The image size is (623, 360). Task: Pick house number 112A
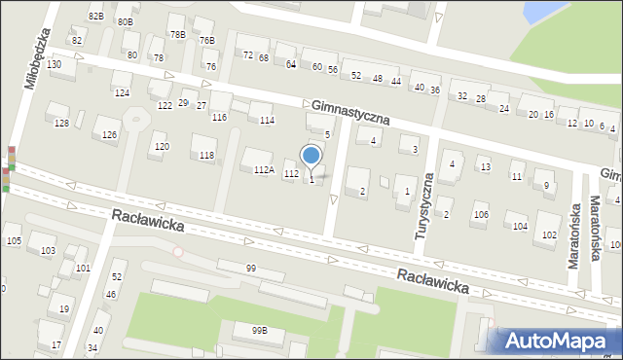tap(264, 169)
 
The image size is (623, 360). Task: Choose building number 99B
tap(259, 331)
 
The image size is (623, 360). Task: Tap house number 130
tap(55, 64)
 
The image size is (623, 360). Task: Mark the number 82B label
tap(95, 17)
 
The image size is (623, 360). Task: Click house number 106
tap(480, 214)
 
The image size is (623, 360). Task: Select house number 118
tap(206, 156)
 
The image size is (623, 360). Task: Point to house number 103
tap(48, 251)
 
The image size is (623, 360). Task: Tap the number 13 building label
tap(485, 167)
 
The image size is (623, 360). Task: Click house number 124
tap(122, 92)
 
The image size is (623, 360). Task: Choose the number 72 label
tap(248, 55)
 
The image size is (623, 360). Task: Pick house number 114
tap(267, 121)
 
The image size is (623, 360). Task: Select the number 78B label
tap(177, 35)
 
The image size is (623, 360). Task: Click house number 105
tap(13, 240)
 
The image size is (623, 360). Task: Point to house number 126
tap(110, 134)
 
